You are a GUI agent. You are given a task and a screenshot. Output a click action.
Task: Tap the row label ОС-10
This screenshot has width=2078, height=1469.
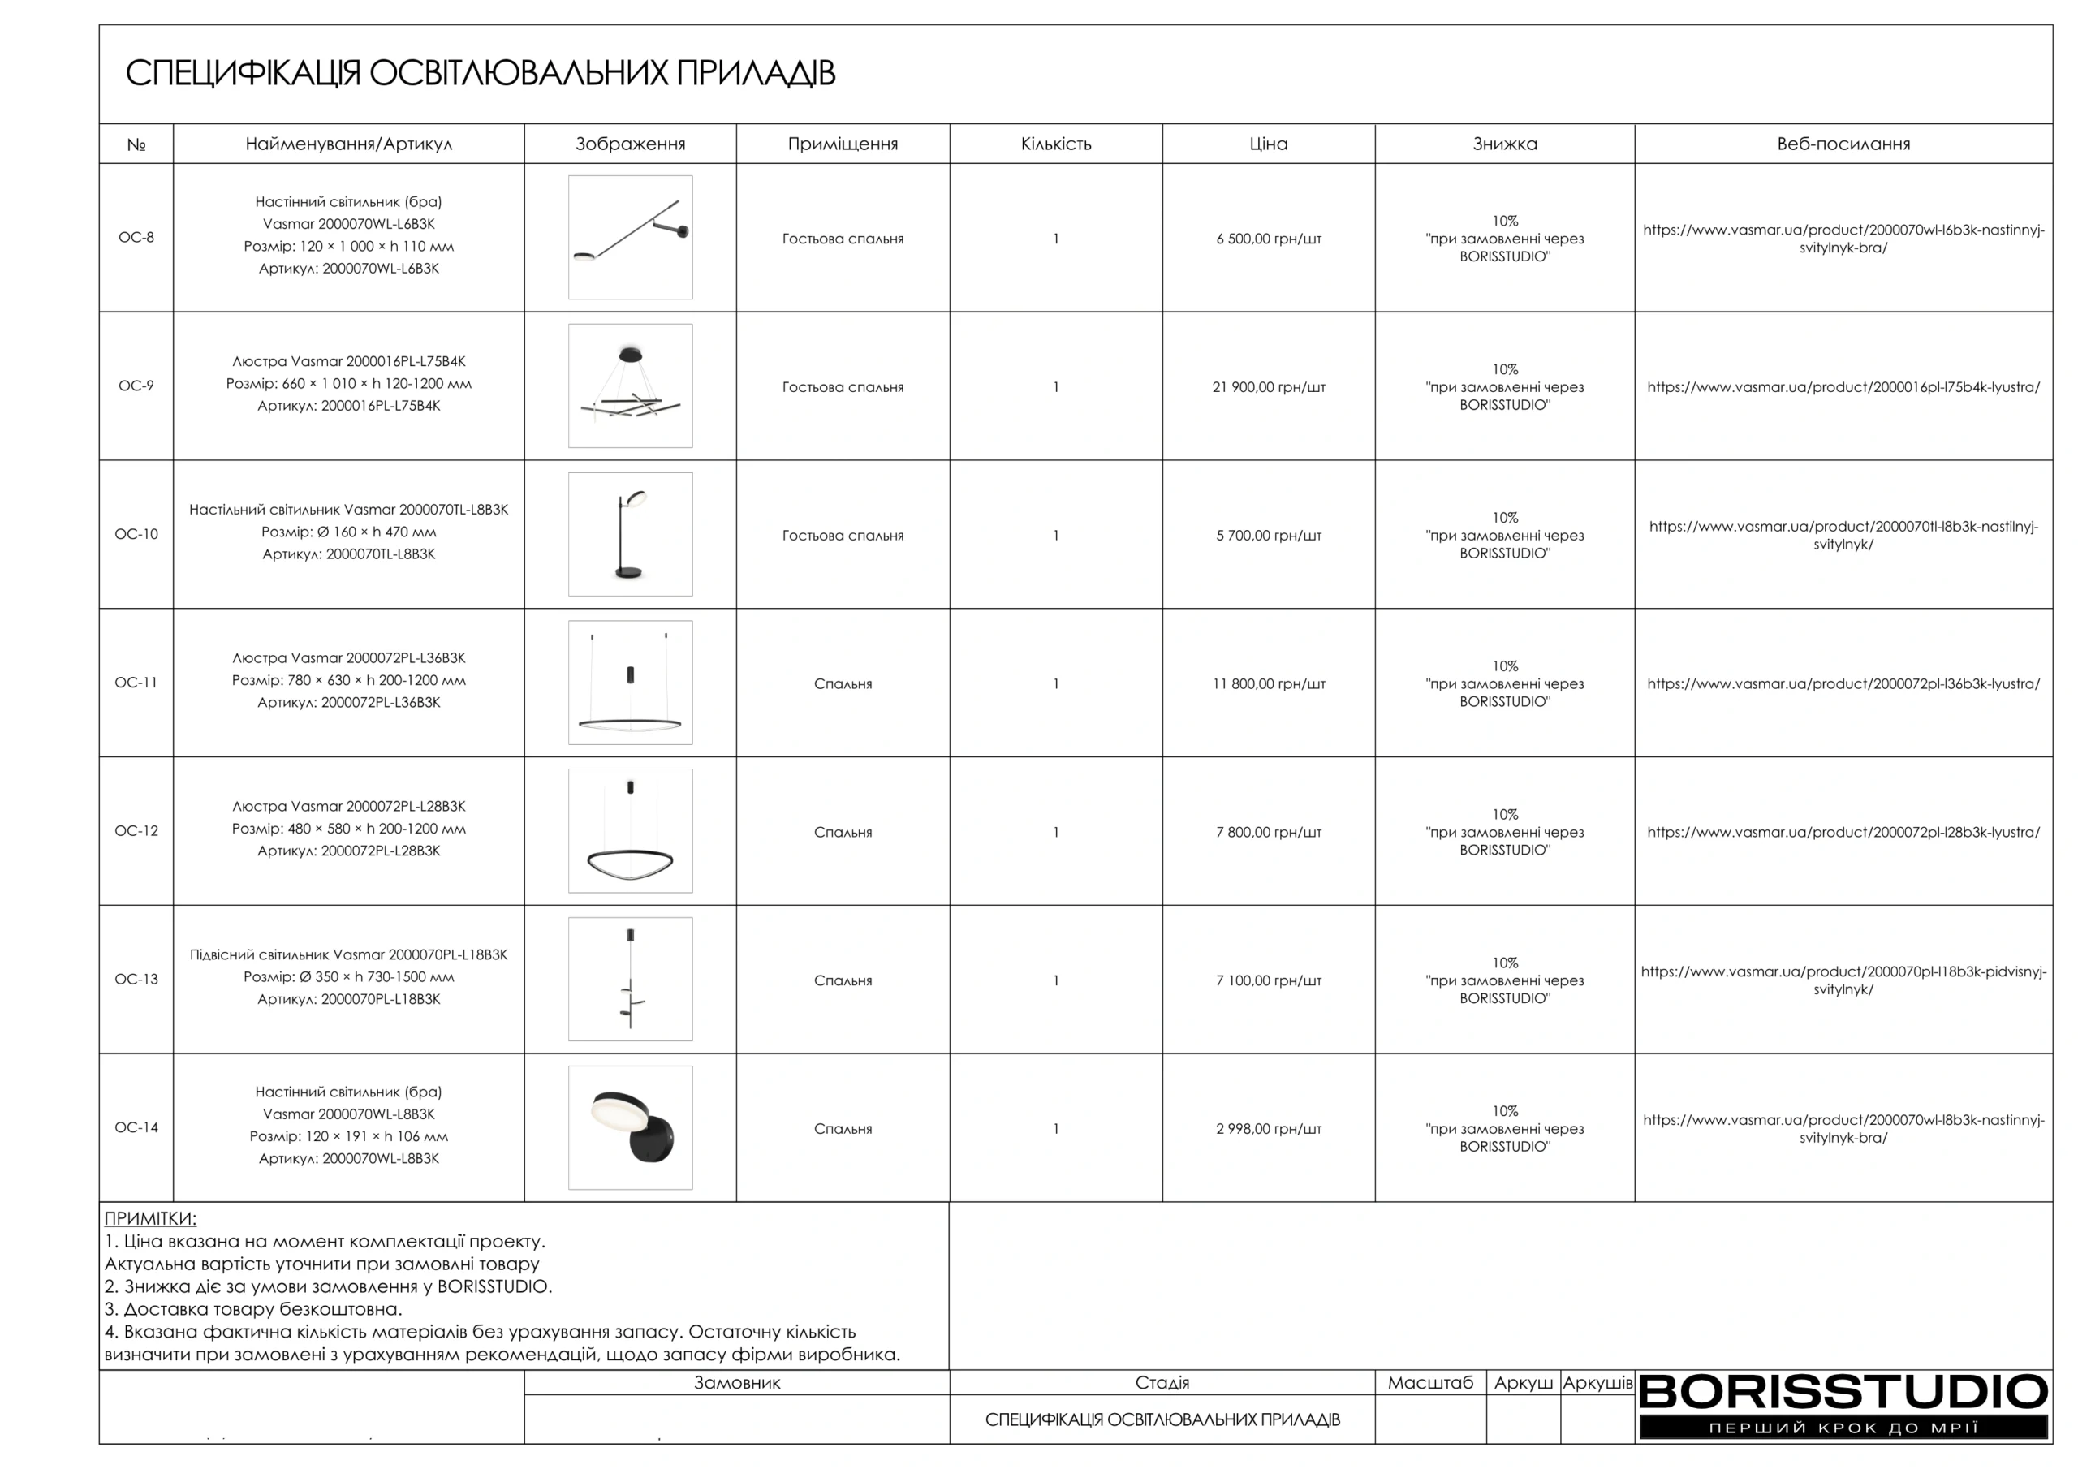point(136,534)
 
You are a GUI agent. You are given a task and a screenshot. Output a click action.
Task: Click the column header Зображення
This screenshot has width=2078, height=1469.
point(630,144)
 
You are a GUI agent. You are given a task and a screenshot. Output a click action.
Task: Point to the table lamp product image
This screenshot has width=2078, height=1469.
point(630,534)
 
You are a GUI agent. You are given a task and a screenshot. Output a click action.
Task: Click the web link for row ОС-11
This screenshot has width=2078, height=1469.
point(1843,684)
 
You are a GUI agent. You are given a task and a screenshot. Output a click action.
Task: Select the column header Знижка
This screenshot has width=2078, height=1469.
point(1504,144)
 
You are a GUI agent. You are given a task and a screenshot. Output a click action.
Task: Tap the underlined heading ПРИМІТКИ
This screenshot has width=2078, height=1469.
point(150,1218)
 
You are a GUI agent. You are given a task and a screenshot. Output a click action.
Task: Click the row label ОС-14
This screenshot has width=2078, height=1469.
point(136,1128)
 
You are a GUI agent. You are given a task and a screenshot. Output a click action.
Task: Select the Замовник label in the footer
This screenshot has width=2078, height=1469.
point(737,1383)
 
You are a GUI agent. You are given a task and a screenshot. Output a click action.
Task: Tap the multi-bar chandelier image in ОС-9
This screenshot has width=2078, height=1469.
point(630,386)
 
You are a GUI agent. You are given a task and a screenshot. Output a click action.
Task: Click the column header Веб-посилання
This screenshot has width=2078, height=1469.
point(1843,144)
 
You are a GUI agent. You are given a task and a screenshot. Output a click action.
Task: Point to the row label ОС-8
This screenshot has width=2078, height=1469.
point(136,237)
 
